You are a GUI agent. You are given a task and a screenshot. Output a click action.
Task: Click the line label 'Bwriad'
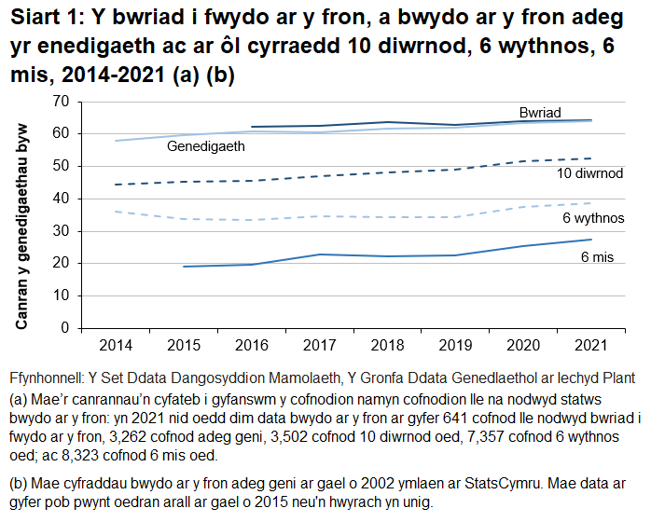point(540,113)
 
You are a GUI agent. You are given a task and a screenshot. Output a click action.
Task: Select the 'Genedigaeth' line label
point(205,146)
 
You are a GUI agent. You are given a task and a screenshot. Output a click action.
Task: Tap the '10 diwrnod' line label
point(589,174)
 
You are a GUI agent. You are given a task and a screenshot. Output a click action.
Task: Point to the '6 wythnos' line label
point(593,218)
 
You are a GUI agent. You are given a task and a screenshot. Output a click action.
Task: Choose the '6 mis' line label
point(597,256)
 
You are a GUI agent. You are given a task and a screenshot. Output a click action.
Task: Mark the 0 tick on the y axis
point(65,328)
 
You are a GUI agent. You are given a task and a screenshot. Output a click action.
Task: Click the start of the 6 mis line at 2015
point(184,267)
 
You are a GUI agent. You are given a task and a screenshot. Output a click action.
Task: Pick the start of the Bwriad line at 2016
point(253,127)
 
